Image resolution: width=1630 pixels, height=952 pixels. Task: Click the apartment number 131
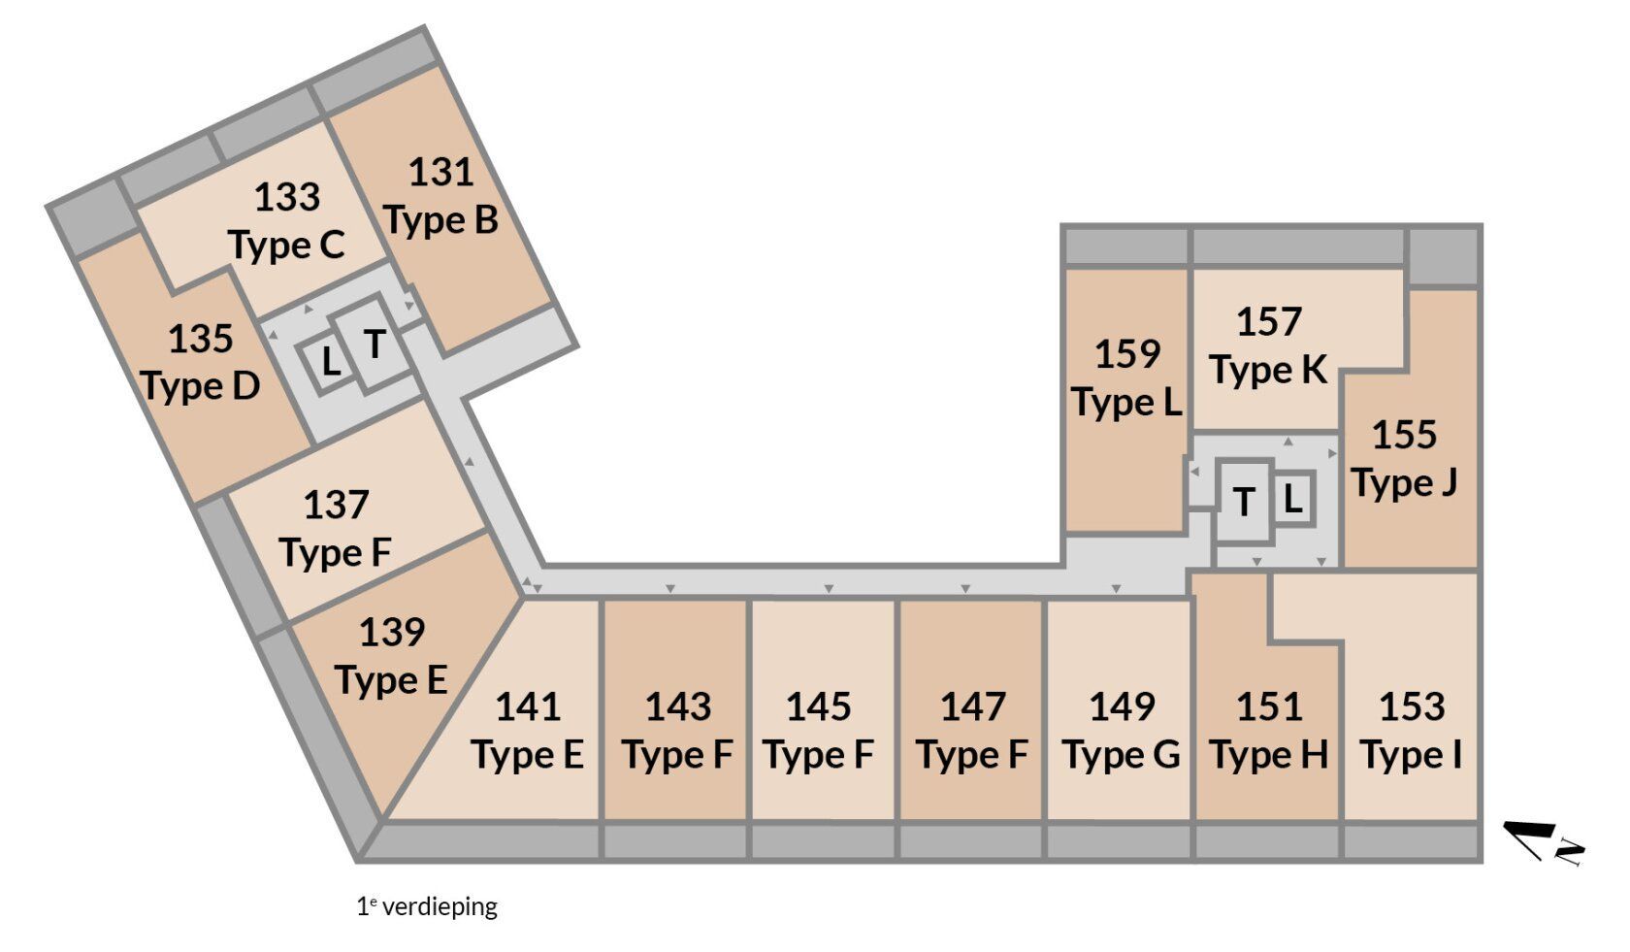440,173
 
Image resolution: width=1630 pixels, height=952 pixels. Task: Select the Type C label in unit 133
287,246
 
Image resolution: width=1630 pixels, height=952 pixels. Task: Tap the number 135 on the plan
201,340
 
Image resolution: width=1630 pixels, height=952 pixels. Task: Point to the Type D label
200,386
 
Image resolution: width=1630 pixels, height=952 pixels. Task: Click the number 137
336,505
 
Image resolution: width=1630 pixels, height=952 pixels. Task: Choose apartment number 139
392,633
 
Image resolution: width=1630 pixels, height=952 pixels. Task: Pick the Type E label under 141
528,755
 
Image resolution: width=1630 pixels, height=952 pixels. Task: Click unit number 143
678,707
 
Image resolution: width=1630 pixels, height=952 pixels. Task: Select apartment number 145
819,707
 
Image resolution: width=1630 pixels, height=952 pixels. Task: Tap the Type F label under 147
972,755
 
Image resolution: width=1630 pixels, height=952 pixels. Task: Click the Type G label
1122,755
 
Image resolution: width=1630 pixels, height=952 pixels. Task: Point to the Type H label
1269,755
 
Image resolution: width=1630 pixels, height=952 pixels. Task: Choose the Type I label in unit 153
1412,755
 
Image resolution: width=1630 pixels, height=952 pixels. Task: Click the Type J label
1405,483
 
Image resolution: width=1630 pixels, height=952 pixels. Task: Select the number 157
1269,322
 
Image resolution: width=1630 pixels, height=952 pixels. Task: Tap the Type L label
1127,403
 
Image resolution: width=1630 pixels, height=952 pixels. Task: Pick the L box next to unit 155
1292,499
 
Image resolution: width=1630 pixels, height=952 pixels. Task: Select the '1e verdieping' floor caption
427,906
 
